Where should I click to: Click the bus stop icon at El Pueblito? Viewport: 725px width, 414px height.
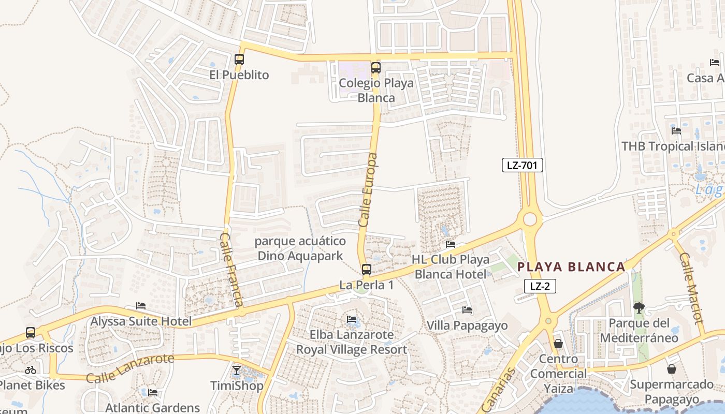[x=239, y=59]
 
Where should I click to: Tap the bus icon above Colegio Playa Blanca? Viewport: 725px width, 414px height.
[x=376, y=67]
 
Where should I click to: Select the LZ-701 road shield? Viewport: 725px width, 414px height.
[x=522, y=165]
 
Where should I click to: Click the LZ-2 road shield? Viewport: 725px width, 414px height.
[x=540, y=286]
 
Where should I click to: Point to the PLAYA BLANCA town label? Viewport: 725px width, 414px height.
[x=572, y=267]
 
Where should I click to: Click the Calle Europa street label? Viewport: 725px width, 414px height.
[x=368, y=189]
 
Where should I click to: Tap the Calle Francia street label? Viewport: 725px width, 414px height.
[x=231, y=269]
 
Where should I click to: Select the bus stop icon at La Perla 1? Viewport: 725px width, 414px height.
[x=366, y=269]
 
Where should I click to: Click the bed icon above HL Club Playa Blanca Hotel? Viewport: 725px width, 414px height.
[x=451, y=244]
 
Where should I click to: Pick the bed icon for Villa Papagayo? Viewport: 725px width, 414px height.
[x=467, y=310]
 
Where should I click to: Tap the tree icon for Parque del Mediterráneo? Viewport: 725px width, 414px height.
[x=639, y=308]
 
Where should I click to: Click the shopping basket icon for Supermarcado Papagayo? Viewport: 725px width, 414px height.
[x=672, y=369]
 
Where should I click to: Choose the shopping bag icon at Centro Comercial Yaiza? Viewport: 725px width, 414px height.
[x=558, y=343]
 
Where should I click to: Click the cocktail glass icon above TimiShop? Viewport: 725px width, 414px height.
[x=237, y=370]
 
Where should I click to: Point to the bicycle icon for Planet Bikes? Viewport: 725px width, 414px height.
[x=31, y=370]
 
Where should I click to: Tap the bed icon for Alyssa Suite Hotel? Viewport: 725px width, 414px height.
[x=141, y=306]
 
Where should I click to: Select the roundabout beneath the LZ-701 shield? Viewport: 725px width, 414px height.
[x=530, y=219]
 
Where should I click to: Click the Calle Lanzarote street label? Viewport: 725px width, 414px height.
[x=130, y=368]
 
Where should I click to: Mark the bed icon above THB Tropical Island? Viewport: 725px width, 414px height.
[x=676, y=130]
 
